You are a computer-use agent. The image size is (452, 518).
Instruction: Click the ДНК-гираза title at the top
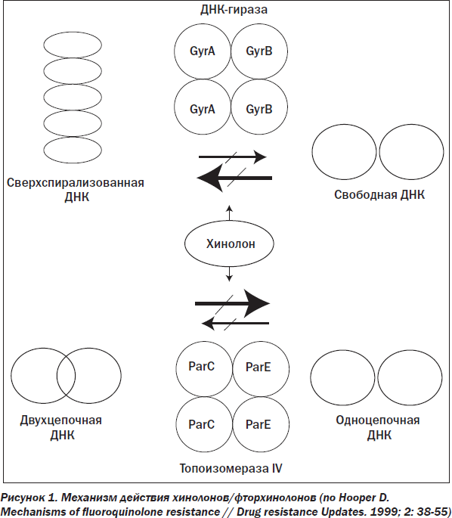pyautogui.click(x=234, y=10)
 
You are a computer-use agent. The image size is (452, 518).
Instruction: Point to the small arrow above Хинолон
pyautogui.click(x=229, y=212)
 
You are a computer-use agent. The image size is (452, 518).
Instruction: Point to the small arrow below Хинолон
pyautogui.click(x=229, y=274)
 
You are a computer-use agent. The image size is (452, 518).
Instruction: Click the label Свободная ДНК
pyautogui.click(x=379, y=195)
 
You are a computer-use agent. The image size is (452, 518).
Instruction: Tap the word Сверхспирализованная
pyautogui.click(x=76, y=183)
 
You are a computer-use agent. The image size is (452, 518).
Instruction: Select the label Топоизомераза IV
pyautogui.click(x=231, y=468)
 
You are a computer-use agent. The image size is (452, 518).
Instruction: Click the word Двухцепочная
pyautogui.click(x=60, y=420)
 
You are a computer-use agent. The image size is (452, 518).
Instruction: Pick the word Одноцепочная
pyautogui.click(x=378, y=420)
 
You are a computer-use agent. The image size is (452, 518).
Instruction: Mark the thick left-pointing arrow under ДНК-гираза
pyautogui.click(x=234, y=178)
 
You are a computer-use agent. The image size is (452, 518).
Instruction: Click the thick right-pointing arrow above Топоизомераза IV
pyautogui.click(x=233, y=303)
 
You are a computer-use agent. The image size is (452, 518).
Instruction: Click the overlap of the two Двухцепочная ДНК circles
pyautogui.click(x=66, y=376)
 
